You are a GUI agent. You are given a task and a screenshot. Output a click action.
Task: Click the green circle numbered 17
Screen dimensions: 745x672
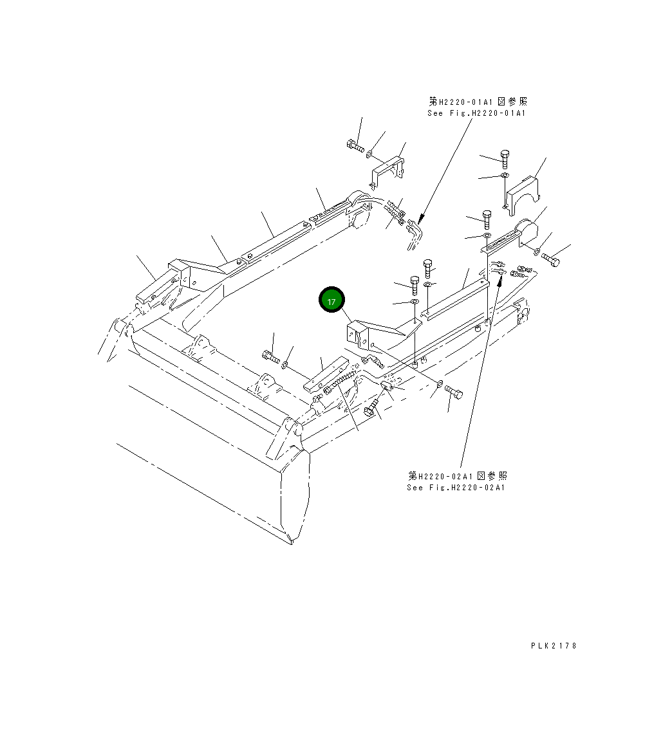click(331, 301)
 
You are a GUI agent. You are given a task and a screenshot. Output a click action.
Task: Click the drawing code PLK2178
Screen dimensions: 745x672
click(554, 645)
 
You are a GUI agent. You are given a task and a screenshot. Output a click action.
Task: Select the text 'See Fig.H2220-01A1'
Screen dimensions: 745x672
click(476, 113)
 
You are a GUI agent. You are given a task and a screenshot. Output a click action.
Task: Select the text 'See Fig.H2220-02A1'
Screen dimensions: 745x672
click(456, 488)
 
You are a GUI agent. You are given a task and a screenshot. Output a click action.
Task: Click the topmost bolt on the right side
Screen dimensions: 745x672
click(505, 157)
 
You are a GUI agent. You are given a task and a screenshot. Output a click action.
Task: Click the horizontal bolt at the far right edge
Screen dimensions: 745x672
click(551, 260)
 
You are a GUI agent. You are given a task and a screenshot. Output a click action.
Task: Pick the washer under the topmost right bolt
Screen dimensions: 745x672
click(505, 175)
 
